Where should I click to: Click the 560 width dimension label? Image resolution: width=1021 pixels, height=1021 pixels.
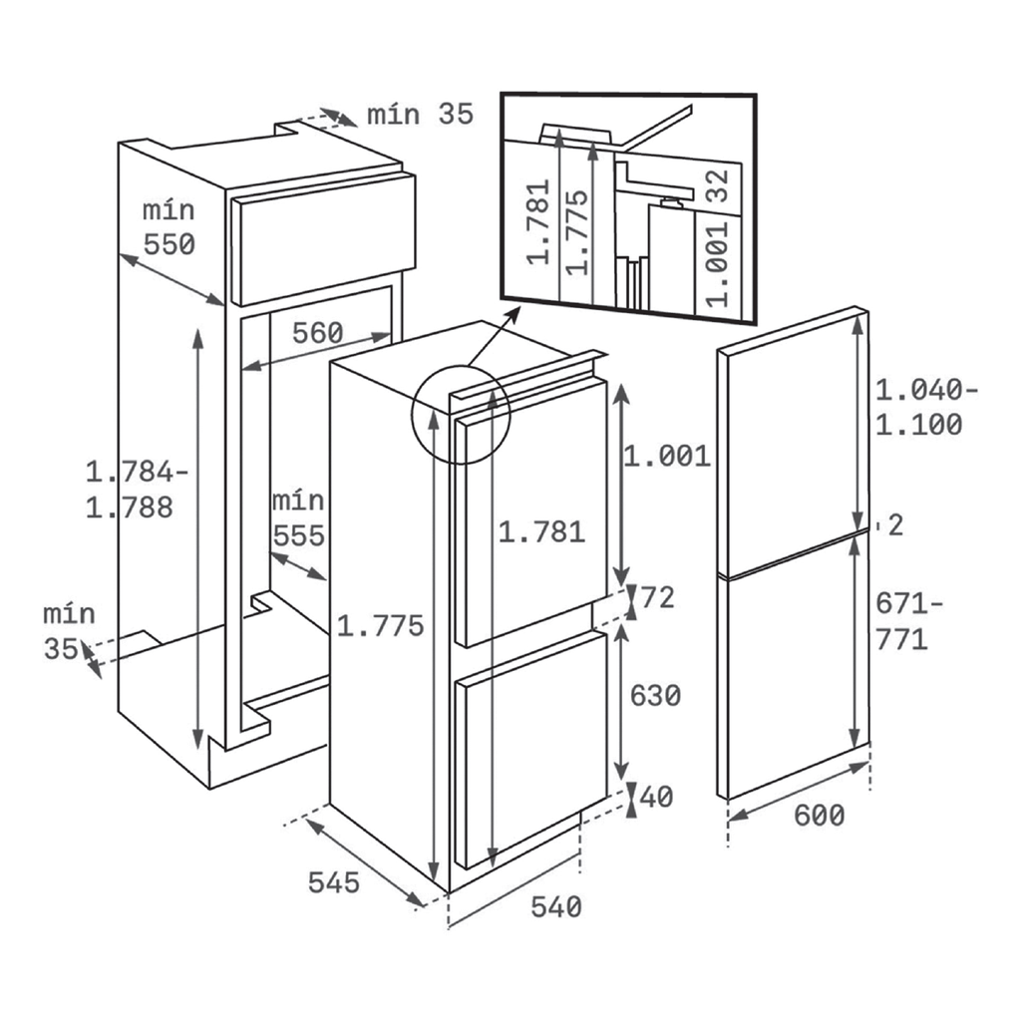point(317,333)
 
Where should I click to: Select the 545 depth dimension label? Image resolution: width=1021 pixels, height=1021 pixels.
point(333,883)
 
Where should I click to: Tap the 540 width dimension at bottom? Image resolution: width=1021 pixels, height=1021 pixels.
point(556,907)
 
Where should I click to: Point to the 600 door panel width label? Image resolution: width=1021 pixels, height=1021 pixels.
point(820,816)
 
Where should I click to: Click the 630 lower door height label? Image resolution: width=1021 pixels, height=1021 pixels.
point(655,695)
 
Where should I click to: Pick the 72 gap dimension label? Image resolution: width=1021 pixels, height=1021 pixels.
point(658,598)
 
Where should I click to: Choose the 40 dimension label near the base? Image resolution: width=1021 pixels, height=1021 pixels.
point(656,797)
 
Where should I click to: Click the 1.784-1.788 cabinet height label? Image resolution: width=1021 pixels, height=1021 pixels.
point(137,490)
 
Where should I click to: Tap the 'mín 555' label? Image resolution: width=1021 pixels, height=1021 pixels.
point(298,518)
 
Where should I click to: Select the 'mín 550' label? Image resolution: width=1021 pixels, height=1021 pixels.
point(169,227)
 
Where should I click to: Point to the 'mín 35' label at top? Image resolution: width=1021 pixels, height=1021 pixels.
point(420,115)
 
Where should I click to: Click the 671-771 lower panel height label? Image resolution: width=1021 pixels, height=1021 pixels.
point(908,622)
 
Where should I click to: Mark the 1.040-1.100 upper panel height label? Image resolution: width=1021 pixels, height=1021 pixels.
point(926,407)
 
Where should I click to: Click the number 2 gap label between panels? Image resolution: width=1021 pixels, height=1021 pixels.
point(896,525)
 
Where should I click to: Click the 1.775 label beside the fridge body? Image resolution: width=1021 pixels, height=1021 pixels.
point(380,626)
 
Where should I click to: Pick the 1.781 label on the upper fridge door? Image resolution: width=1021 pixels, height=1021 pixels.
point(541,532)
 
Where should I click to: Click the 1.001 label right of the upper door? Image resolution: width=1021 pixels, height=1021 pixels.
point(667,457)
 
